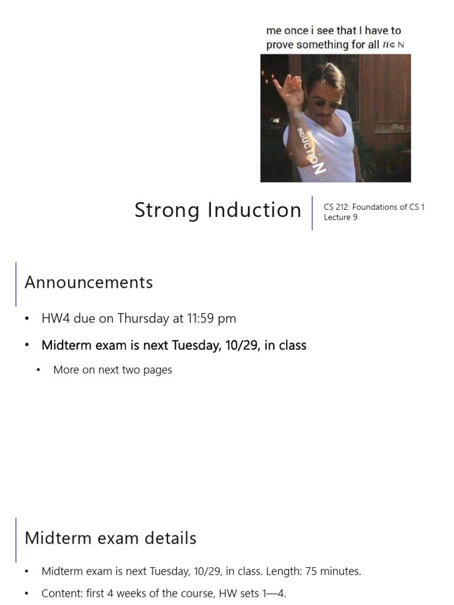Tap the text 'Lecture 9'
point(340,217)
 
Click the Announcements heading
point(89,282)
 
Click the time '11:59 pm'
point(212,318)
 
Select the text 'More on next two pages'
point(112,370)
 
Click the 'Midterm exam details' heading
point(111,538)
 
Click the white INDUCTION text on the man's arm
point(312,148)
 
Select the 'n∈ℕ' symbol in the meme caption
point(394,45)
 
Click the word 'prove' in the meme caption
point(281,45)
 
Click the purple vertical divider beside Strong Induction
point(312,213)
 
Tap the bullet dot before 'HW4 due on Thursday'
point(27,319)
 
